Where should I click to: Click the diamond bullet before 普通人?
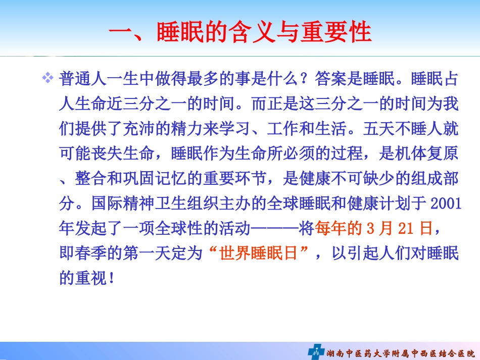[47, 79]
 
